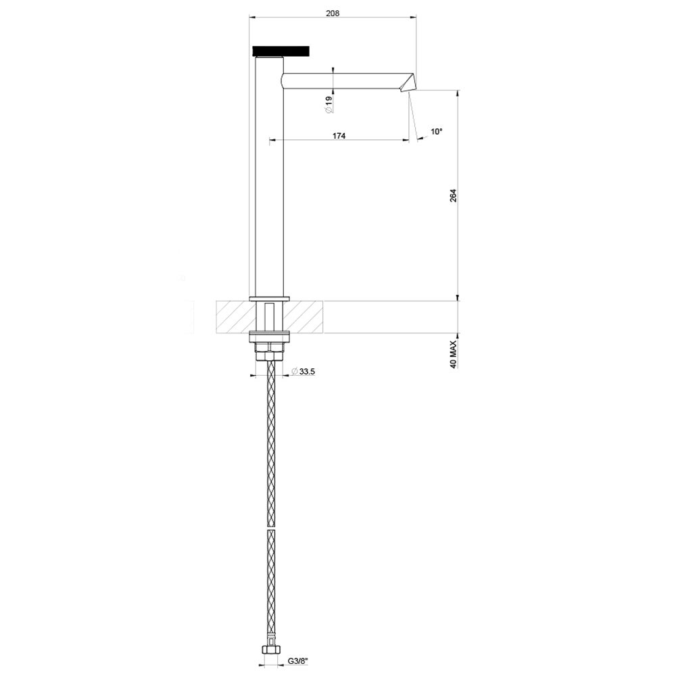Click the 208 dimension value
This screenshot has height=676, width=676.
click(x=332, y=12)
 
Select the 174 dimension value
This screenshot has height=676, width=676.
click(x=339, y=136)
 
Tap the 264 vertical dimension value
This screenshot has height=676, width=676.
click(x=454, y=195)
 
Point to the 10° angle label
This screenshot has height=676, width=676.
click(x=436, y=132)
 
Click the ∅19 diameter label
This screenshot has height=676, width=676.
click(x=329, y=104)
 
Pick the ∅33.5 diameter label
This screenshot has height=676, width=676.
click(x=304, y=371)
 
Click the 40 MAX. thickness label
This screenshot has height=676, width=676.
click(x=454, y=354)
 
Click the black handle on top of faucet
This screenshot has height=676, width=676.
click(x=281, y=51)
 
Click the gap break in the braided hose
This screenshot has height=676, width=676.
click(x=271, y=529)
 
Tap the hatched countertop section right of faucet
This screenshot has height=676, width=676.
click(x=305, y=316)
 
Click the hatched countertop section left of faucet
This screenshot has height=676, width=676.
click(x=233, y=316)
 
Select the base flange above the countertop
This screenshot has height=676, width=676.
click(x=269, y=298)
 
